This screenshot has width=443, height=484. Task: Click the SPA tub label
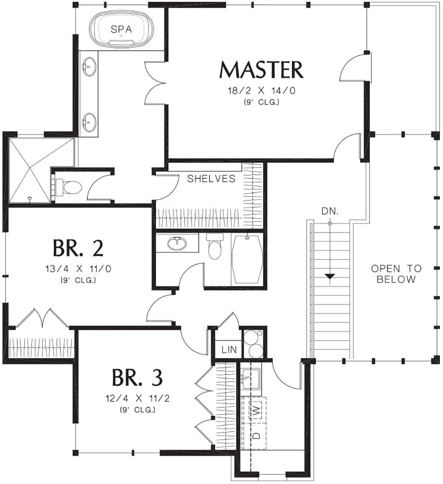pos(121,29)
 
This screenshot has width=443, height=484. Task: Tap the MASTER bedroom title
pos(261,70)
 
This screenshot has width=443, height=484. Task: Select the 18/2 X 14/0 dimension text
pos(262,91)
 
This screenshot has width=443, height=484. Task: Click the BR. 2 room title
pos(78,248)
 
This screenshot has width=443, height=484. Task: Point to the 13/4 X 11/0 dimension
pos(78,269)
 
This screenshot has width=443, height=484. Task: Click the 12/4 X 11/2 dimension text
pos(137,398)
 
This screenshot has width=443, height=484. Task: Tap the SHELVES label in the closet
pos(211,178)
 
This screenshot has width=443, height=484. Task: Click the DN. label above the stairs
pos(330,212)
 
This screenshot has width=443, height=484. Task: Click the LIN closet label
pos(229,350)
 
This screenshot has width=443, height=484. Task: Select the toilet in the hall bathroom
pos(214,246)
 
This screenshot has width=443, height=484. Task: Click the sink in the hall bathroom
pos(177,243)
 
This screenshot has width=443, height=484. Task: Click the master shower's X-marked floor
pos(30,170)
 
